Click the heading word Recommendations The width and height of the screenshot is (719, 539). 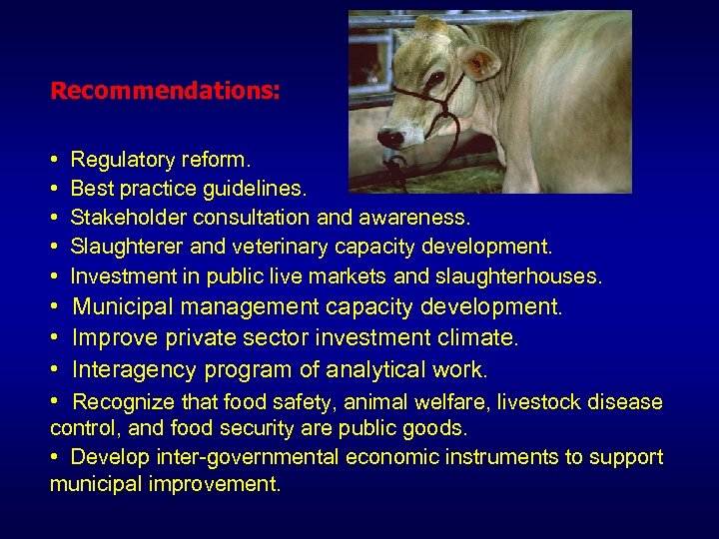[165, 91]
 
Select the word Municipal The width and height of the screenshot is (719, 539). [127, 306]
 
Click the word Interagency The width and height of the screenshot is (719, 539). [136, 370]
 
